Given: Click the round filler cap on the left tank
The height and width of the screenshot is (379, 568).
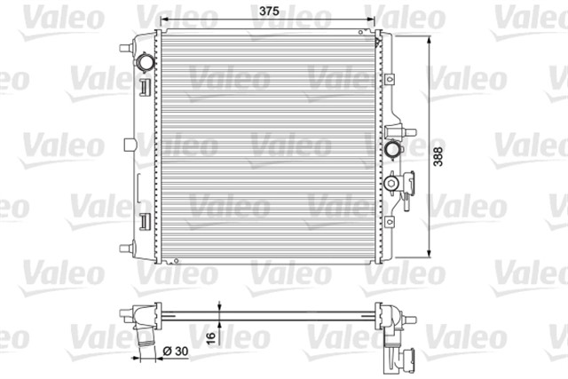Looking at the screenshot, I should coord(145,63).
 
